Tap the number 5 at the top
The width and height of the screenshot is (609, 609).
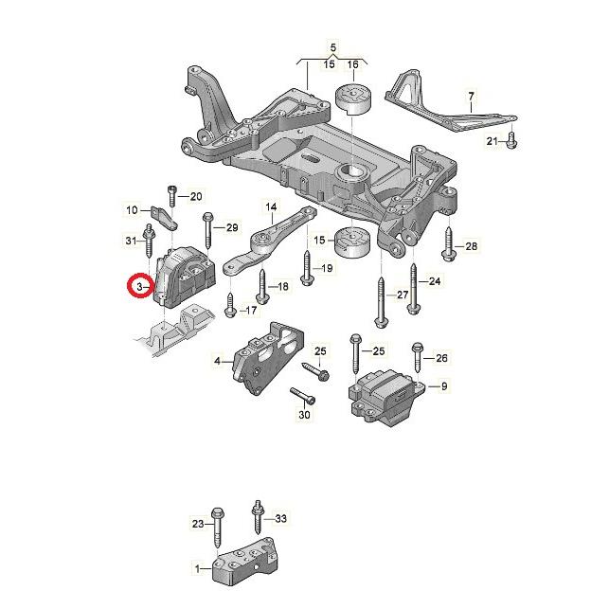(x=332, y=48)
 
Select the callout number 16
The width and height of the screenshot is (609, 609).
(x=352, y=64)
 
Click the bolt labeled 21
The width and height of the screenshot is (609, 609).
(x=511, y=140)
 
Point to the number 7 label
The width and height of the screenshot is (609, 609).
(x=471, y=97)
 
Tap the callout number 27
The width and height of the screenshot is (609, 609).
(x=403, y=295)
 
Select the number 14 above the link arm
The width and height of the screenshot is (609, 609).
(x=271, y=206)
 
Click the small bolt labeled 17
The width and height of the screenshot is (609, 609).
(x=230, y=306)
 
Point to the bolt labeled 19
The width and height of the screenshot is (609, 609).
(x=307, y=268)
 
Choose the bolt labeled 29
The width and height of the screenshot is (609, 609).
(x=207, y=229)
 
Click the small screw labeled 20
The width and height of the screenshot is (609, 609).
(x=172, y=196)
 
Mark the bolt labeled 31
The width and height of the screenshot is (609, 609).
(x=149, y=240)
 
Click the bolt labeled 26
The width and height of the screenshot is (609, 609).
(x=417, y=358)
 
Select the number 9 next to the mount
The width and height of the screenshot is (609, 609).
(x=444, y=386)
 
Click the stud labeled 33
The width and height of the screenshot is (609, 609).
(x=257, y=517)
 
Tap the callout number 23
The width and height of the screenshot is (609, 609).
(x=198, y=524)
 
